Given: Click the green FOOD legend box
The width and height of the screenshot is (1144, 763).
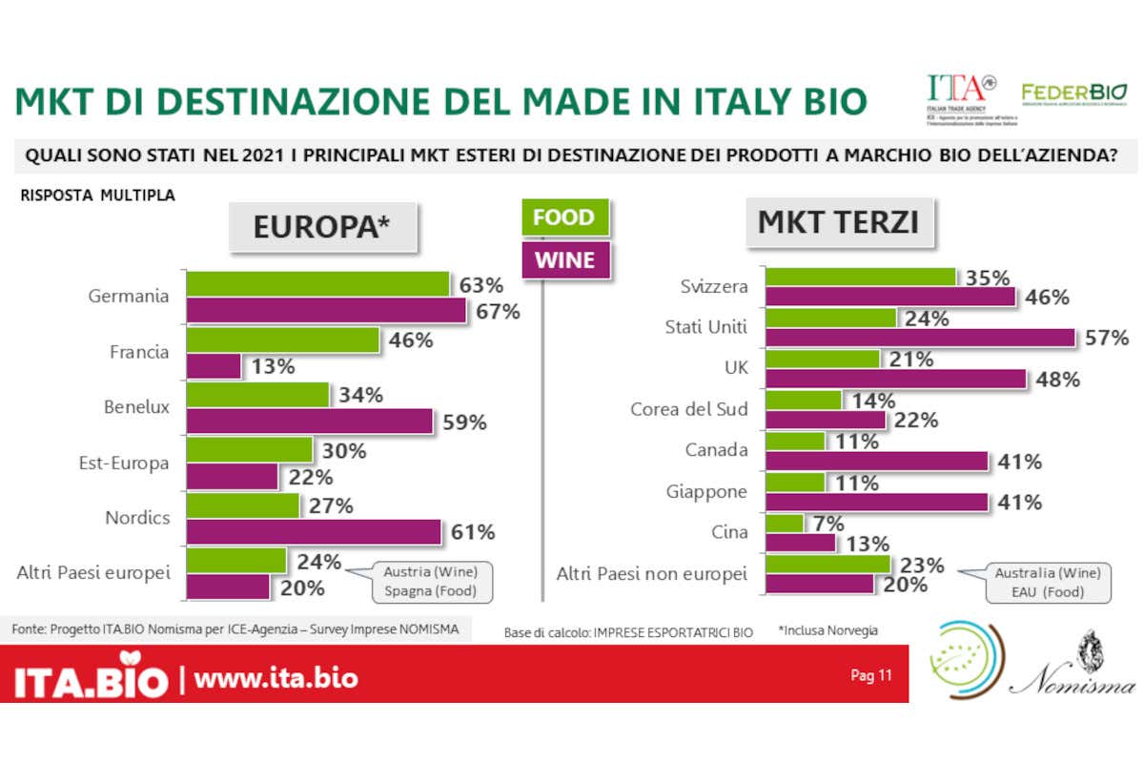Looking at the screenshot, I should tap(562, 217).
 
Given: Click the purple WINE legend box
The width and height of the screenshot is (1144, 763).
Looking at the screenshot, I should tap(563, 259).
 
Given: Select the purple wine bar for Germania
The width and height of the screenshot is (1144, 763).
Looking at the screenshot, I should tap(326, 311).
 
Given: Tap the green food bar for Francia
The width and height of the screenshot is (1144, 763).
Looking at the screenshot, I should tap(283, 340).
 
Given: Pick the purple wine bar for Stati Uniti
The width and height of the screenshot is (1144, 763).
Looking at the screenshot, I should tap(921, 337).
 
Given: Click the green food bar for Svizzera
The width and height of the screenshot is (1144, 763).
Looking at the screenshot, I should tap(862, 277).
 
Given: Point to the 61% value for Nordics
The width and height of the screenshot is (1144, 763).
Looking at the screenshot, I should tap(472, 532).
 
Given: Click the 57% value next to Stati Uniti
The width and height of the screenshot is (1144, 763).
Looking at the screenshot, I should tap(1106, 338).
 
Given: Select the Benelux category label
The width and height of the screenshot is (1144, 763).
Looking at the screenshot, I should tap(136, 407).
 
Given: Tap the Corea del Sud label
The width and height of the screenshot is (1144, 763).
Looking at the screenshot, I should tap(689, 409).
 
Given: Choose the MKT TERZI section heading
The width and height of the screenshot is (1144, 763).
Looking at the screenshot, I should tap(838, 222).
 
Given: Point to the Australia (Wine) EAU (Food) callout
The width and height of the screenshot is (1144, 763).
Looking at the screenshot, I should tap(1047, 582).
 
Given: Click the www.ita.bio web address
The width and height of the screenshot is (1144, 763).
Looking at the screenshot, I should tap(276, 678).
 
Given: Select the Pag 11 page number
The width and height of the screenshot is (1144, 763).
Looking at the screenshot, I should tap(870, 676).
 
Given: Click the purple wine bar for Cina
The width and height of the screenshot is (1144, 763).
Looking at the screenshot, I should tap(801, 543).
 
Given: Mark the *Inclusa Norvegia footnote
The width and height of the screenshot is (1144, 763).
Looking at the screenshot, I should tap(827, 630).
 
